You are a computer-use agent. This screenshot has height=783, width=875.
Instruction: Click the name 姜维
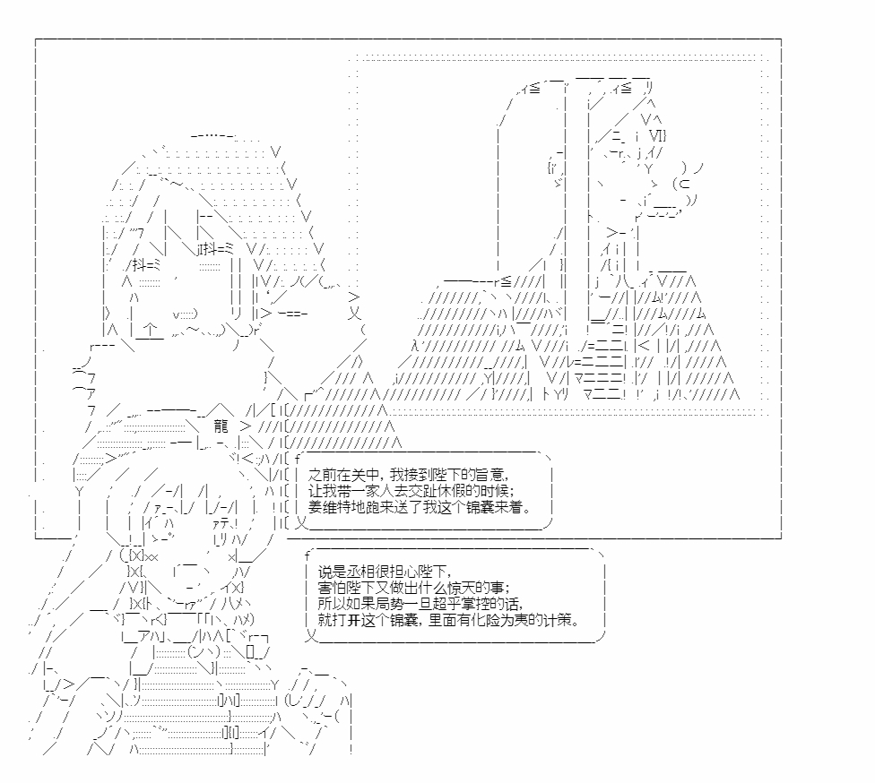click(322, 507)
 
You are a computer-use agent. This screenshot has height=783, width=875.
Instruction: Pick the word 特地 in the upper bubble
click(349, 507)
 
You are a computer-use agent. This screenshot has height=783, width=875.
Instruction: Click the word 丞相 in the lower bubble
click(360, 572)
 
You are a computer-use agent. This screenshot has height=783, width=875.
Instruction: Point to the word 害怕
click(332, 588)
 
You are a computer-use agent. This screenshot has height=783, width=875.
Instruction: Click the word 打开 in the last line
click(346, 620)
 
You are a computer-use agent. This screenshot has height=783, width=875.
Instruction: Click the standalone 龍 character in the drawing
click(221, 426)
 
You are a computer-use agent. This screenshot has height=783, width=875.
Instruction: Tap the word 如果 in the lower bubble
click(360, 604)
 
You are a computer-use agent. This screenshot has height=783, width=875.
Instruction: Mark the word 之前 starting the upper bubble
click(322, 475)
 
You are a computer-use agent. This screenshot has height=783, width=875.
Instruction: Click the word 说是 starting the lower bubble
click(332, 572)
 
